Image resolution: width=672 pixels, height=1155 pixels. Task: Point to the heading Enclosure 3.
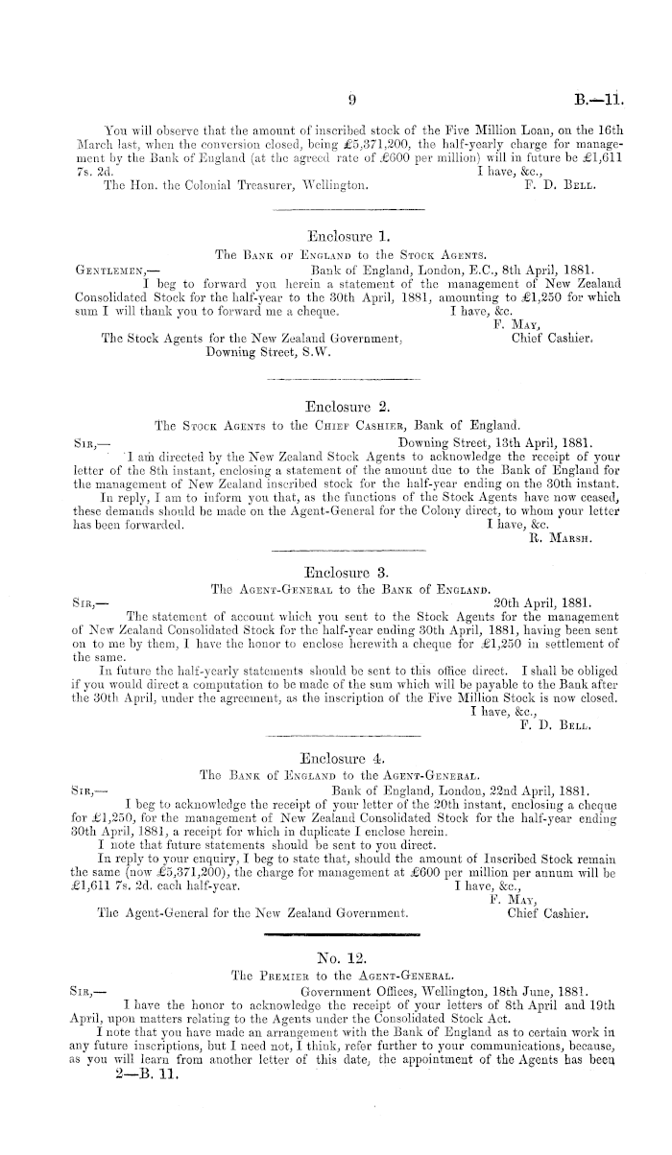344,571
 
